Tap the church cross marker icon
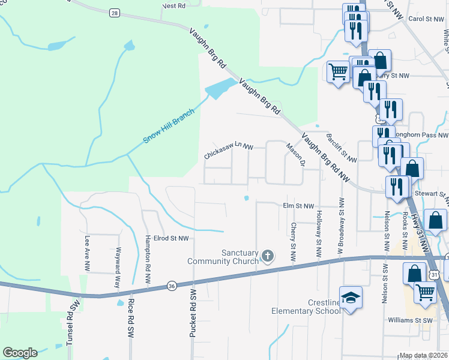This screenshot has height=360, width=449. coord(268,257)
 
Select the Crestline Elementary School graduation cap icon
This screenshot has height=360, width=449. coord(350,296)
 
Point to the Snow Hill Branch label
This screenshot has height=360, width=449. coord(169,126)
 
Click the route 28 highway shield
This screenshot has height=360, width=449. coord(114,13)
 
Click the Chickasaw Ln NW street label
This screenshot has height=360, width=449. coord(229,151)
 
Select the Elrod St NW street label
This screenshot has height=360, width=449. coord(171,238)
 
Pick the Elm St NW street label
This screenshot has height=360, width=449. coord(298,206)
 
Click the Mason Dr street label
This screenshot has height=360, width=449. coord(296,155)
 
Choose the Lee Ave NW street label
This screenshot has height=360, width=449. coord(87,251)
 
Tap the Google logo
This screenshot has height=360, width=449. coord(20,352)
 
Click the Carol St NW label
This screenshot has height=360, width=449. coord(426,19)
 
